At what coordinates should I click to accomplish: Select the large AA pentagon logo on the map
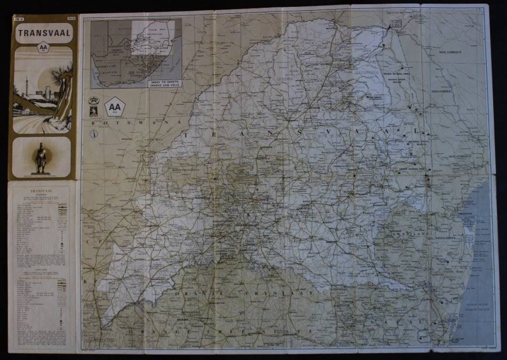[115, 107]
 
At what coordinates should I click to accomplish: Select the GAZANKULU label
[365, 70]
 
